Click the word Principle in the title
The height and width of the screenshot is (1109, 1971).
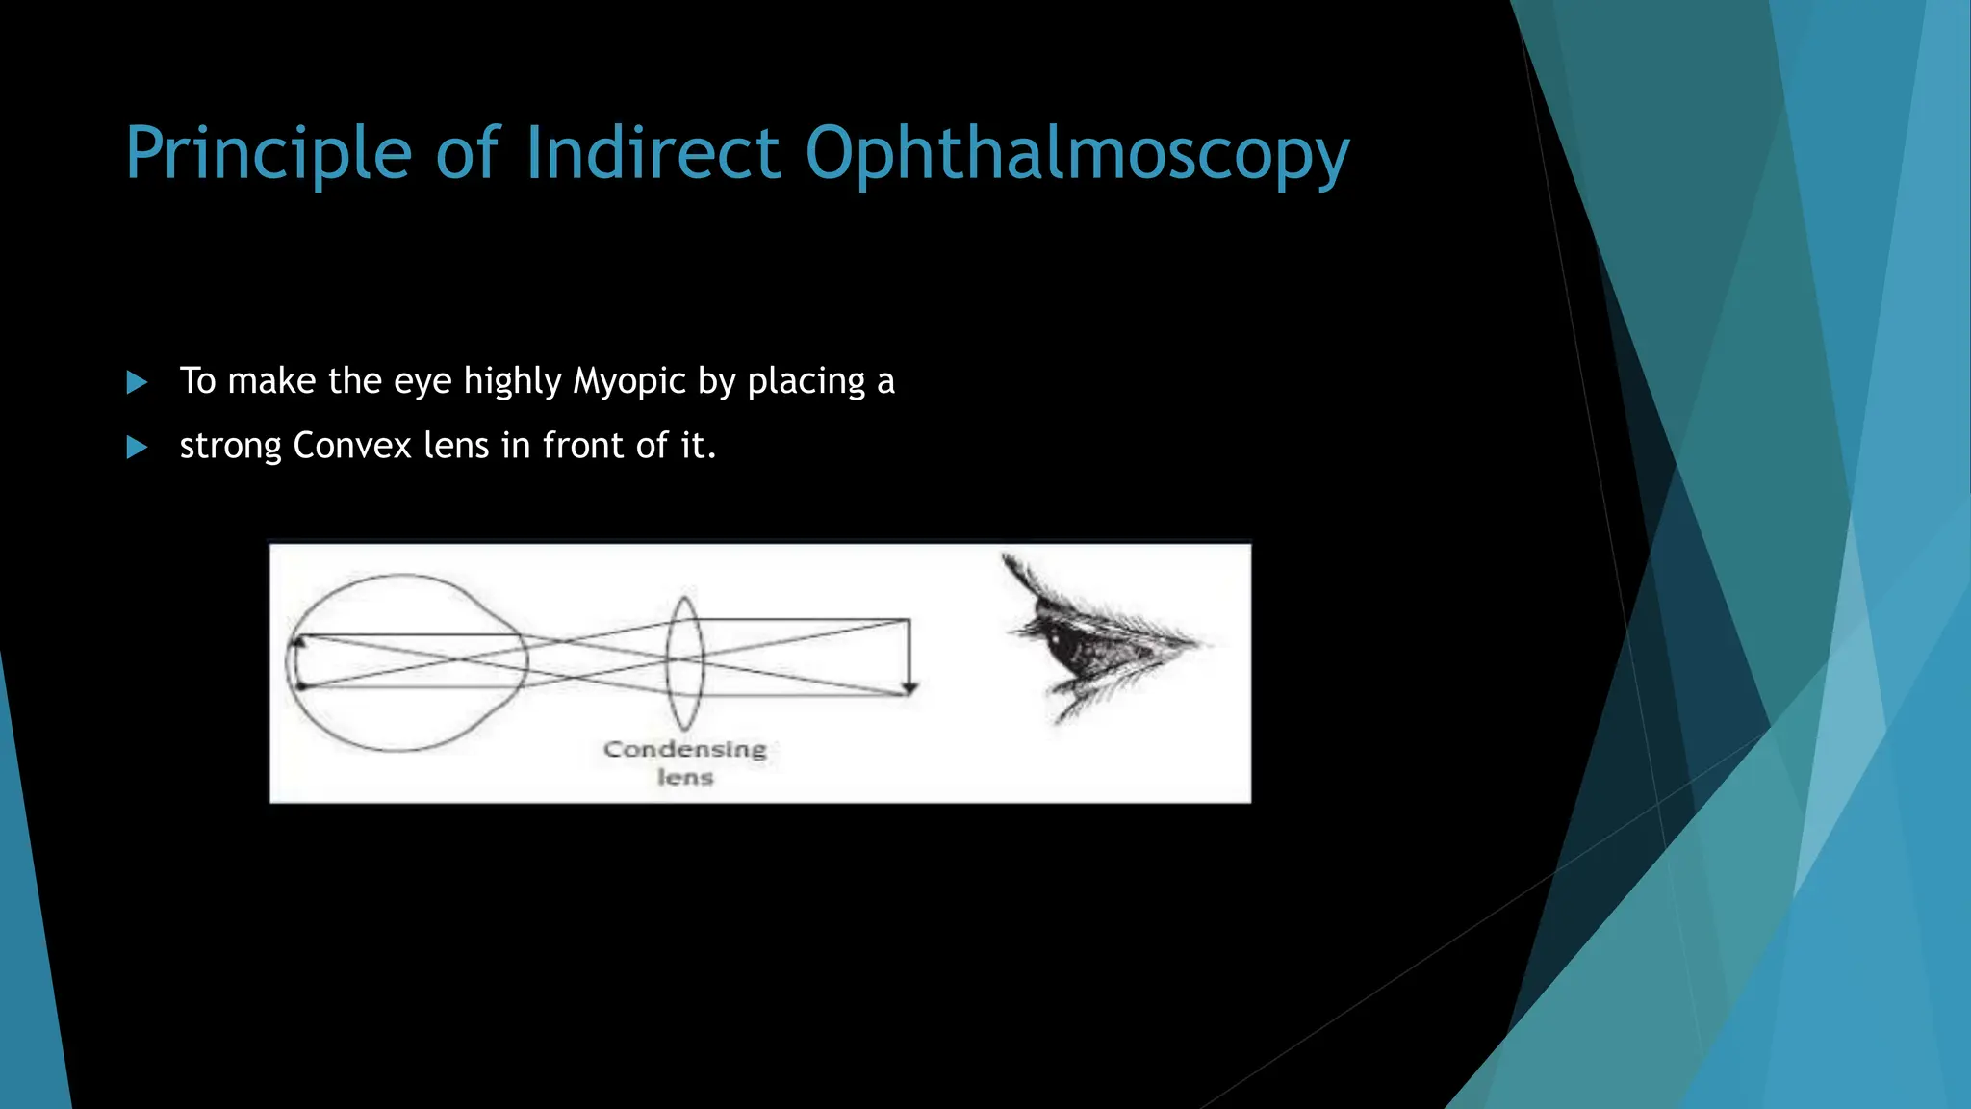269,154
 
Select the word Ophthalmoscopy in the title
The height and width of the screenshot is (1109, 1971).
1077,154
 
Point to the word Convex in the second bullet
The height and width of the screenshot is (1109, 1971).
352,446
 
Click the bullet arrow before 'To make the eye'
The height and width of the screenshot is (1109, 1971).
138,383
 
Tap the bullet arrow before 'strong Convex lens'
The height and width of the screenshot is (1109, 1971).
138,448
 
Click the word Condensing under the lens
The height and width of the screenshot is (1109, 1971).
685,749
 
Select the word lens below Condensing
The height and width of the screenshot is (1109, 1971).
685,777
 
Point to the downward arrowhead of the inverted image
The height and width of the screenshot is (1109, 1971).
909,687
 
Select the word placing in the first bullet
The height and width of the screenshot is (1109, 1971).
806,382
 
